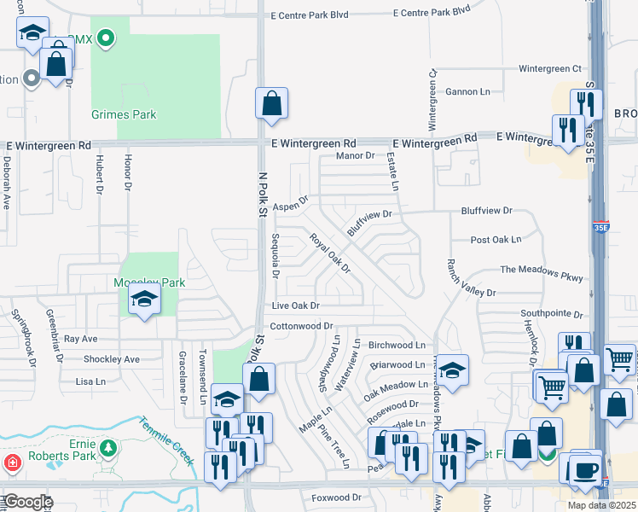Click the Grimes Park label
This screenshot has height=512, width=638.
(124, 114)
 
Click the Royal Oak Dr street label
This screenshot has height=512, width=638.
(330, 253)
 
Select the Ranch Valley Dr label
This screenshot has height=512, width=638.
(465, 279)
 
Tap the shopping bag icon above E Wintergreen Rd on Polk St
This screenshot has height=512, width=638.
(270, 103)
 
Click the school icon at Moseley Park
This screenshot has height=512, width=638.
(144, 300)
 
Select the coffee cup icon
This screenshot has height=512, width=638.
(584, 469)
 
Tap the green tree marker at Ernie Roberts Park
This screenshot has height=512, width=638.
(107, 447)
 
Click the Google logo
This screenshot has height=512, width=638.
(28, 502)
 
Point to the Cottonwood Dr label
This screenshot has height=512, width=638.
(301, 326)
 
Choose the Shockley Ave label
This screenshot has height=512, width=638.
(111, 359)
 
